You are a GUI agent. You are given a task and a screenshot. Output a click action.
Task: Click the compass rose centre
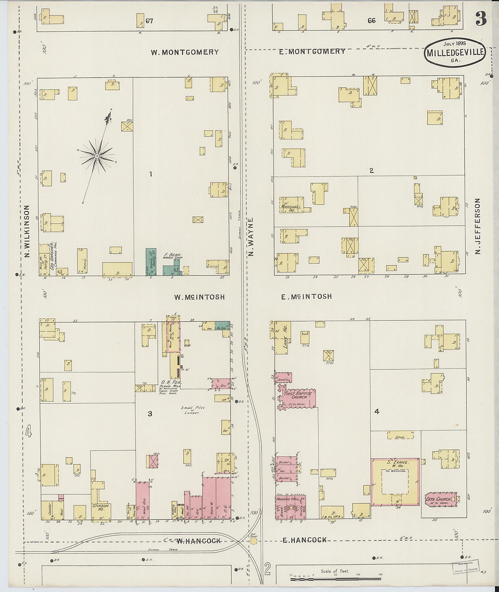[x=97, y=156]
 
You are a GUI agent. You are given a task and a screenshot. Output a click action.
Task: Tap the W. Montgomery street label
[x=185, y=52]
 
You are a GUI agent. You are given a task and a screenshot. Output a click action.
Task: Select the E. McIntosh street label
[x=306, y=296]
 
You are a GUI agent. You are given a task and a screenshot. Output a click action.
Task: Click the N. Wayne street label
[x=251, y=237]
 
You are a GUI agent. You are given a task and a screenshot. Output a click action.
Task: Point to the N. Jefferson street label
[x=478, y=226]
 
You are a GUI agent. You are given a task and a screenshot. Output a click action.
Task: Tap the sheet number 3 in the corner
[x=481, y=18]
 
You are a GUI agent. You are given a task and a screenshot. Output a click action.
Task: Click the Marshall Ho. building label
[x=291, y=209]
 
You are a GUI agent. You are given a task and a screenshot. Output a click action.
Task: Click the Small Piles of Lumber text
[x=193, y=410]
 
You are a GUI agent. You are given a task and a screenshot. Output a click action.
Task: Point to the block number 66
[x=372, y=21]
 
